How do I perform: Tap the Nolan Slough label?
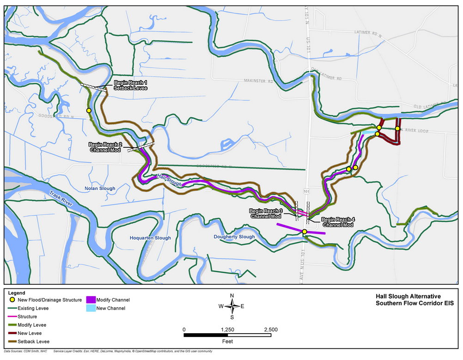pos(100,189)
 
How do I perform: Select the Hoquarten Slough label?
pos(150,238)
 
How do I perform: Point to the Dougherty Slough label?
pos(234,237)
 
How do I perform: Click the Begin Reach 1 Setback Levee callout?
pos(131,85)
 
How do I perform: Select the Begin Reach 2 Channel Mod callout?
pos(105,147)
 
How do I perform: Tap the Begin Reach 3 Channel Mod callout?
pos(266,214)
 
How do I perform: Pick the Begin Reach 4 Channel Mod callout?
pos(337,222)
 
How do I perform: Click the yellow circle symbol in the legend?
pos(12,300)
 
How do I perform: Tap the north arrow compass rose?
pos(232,306)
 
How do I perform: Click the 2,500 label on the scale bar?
pos(270,329)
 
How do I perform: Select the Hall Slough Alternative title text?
pos(408,296)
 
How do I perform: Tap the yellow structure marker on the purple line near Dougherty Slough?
pos(304,231)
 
